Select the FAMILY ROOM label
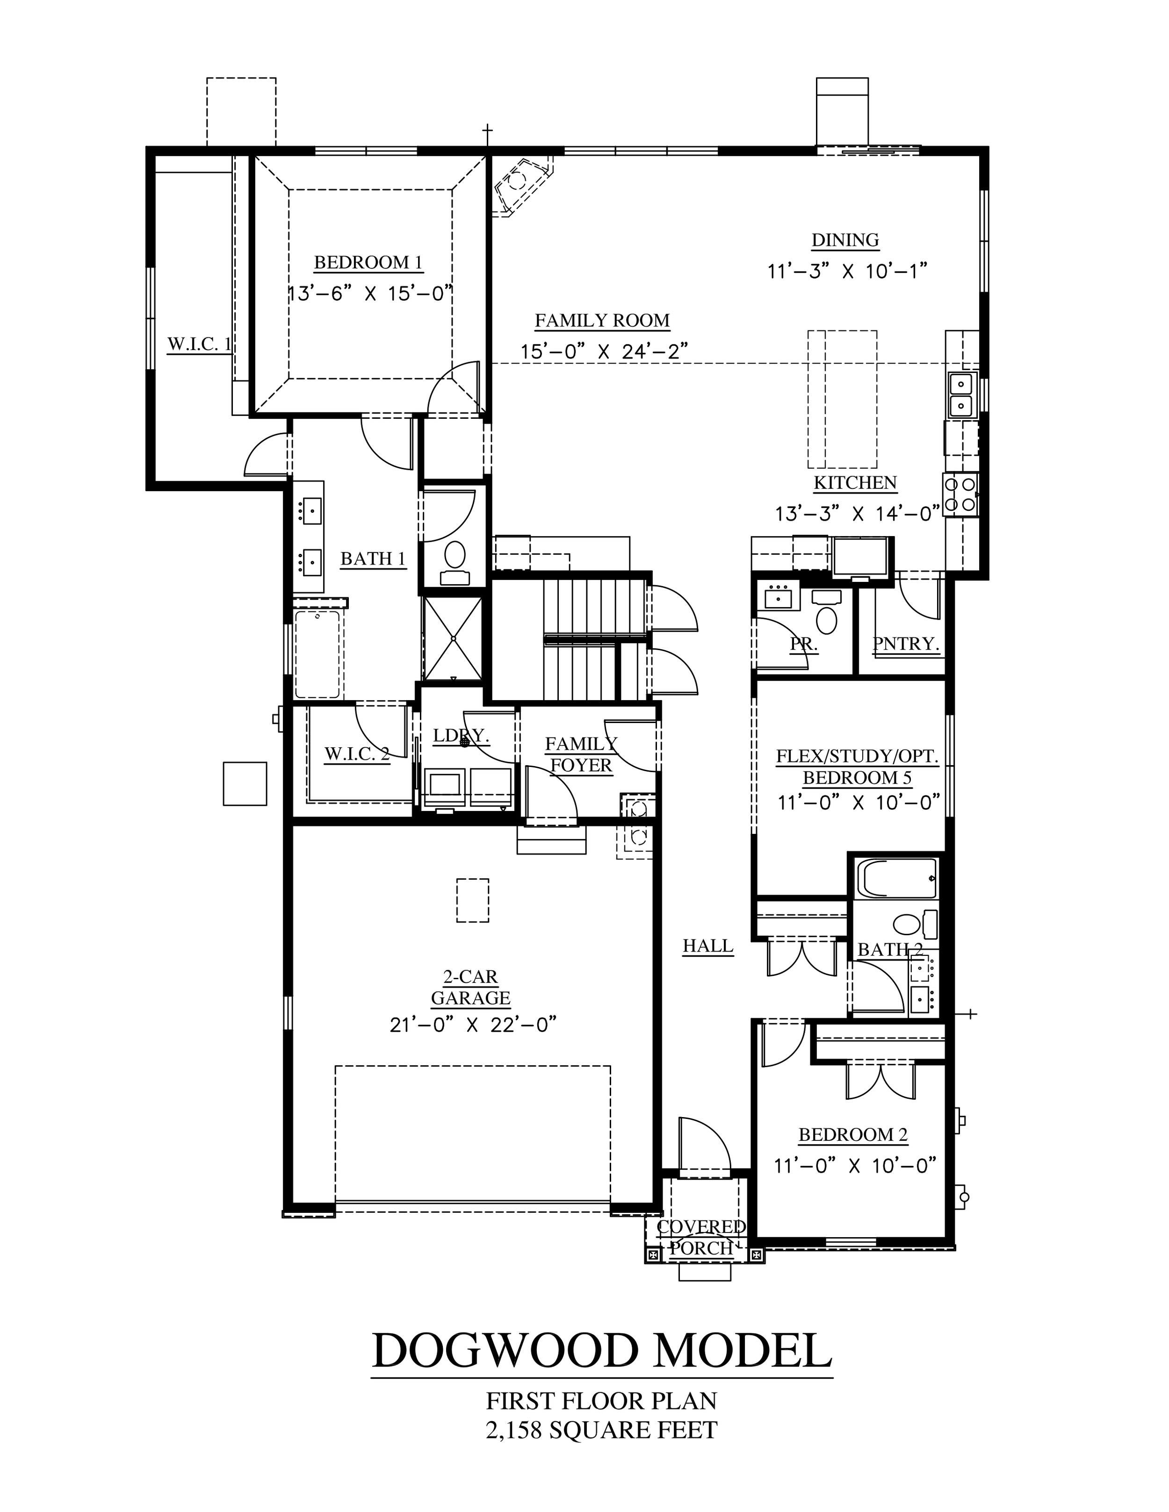pos(602,321)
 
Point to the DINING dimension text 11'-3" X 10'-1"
pos(847,271)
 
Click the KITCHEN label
pos(855,482)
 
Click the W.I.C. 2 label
pos(357,754)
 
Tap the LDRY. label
pos(461,736)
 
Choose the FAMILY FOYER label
pos(581,755)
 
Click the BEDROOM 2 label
pos(853,1135)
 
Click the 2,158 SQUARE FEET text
pos(602,1429)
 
